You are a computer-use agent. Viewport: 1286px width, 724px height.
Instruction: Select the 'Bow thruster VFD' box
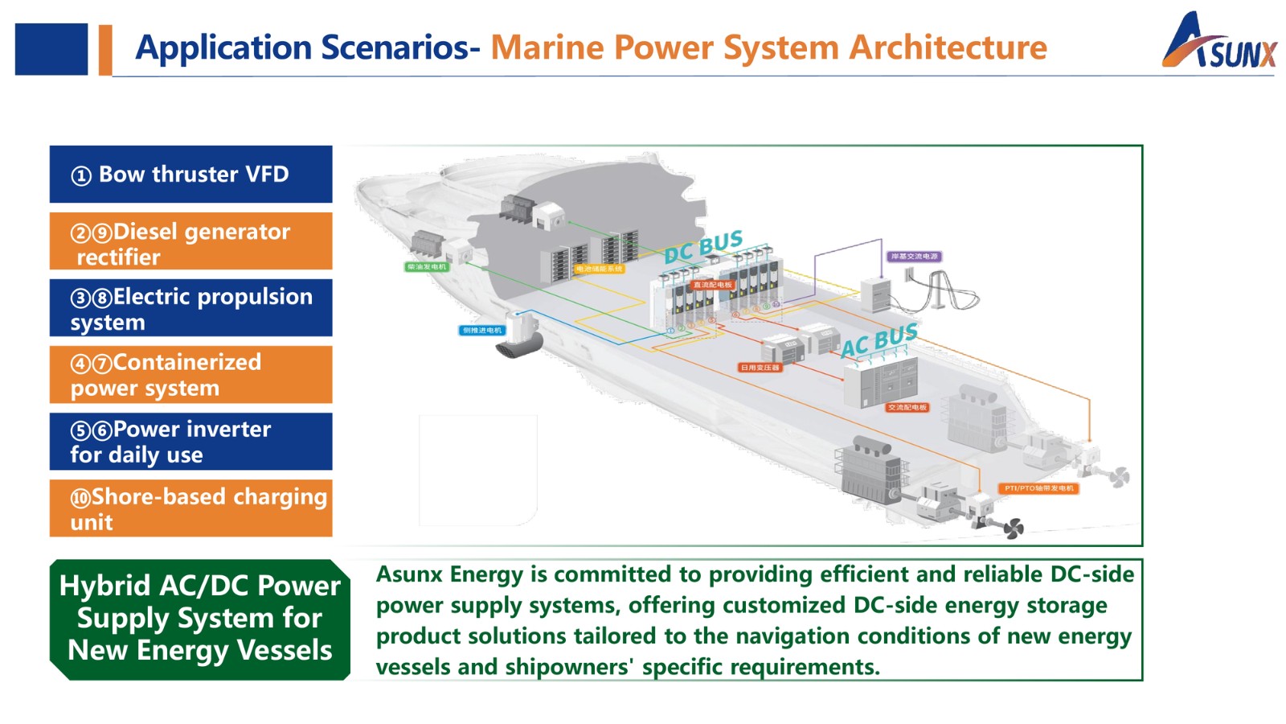190,174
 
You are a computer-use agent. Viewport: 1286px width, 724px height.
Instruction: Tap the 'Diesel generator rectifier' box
190,241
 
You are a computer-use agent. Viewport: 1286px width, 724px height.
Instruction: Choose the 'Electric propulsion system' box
190,307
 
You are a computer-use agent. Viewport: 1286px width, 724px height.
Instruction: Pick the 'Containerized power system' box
190,374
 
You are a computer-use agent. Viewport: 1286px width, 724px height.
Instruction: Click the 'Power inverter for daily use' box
190,441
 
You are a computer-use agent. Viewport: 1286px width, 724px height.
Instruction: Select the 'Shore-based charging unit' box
190,508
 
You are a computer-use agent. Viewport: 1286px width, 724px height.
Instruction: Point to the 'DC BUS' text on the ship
703,246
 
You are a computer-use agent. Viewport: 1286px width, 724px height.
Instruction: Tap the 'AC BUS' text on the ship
879,339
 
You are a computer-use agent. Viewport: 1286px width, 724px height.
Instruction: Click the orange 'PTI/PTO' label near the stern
1039,488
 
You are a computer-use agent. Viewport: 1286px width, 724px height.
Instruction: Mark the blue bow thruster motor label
482,330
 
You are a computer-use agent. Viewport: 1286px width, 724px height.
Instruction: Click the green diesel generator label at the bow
427,266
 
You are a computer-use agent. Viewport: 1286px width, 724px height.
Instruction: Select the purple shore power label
915,257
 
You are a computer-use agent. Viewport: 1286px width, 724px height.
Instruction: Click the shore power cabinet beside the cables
876,294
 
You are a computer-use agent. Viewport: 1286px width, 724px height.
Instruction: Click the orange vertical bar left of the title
105,50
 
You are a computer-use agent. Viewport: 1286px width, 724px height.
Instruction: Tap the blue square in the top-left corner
51,50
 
